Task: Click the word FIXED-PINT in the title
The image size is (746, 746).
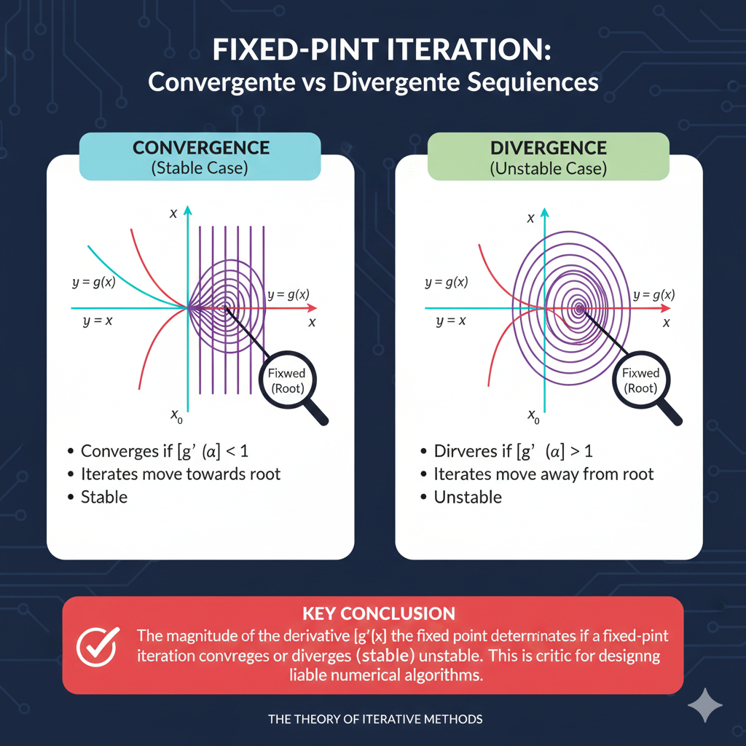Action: pyautogui.click(x=296, y=50)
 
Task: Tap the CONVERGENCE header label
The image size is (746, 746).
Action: pyautogui.click(x=201, y=148)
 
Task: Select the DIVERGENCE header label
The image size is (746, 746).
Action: pyautogui.click(x=548, y=148)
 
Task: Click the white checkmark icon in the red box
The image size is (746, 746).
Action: pyautogui.click(x=98, y=646)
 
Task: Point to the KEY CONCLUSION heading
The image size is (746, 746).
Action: pyautogui.click(x=379, y=613)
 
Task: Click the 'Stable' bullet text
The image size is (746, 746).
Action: pyautogui.click(x=104, y=497)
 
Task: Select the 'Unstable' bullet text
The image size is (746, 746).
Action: pyautogui.click(x=468, y=497)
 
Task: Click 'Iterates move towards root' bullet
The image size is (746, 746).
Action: pyautogui.click(x=181, y=474)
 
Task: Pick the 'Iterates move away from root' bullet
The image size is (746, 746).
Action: pyautogui.click(x=543, y=474)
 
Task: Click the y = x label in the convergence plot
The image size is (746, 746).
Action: pyautogui.click(x=98, y=321)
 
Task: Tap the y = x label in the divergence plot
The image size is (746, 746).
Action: pyautogui.click(x=451, y=321)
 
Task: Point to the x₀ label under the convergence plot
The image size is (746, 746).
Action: pyautogui.click(x=176, y=416)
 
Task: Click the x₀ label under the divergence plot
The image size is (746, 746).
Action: pyautogui.click(x=533, y=416)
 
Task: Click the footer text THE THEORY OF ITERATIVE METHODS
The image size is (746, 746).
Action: pyautogui.click(x=375, y=719)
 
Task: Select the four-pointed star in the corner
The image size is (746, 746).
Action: pyautogui.click(x=705, y=705)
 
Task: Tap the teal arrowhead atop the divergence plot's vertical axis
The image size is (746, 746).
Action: pyautogui.click(x=545, y=212)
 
